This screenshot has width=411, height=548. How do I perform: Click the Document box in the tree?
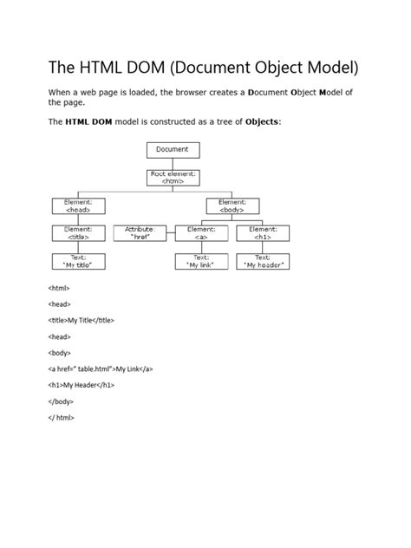coord(173,150)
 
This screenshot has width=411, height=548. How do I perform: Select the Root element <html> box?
coord(173,178)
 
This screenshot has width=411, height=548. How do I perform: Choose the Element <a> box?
coord(201,233)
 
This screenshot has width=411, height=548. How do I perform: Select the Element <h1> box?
coord(263,233)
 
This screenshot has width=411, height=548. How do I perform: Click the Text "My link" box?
coord(201,261)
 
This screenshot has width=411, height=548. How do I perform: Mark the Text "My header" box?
coord(263,261)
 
